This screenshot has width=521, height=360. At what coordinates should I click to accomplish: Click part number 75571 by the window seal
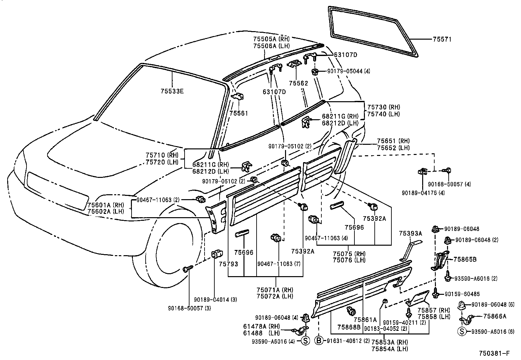[442, 39]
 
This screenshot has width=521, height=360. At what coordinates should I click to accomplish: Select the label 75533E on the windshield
[172, 91]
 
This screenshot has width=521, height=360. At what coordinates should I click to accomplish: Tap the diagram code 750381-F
[494, 353]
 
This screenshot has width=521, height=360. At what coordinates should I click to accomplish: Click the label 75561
[239, 113]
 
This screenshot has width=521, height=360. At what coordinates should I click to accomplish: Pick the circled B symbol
[319, 341]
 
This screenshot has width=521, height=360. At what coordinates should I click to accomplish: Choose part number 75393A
[410, 233]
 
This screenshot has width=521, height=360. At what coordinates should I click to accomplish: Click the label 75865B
[465, 259]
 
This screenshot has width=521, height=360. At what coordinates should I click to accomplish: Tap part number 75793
[228, 264]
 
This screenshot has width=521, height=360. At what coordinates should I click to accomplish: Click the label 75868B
[349, 327]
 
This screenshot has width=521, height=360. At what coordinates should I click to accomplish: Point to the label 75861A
[365, 319]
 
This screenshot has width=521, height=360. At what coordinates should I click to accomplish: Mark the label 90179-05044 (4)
[349, 71]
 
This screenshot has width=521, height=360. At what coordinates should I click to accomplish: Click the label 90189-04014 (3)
[215, 299]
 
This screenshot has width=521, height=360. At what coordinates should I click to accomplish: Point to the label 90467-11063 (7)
[279, 264]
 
